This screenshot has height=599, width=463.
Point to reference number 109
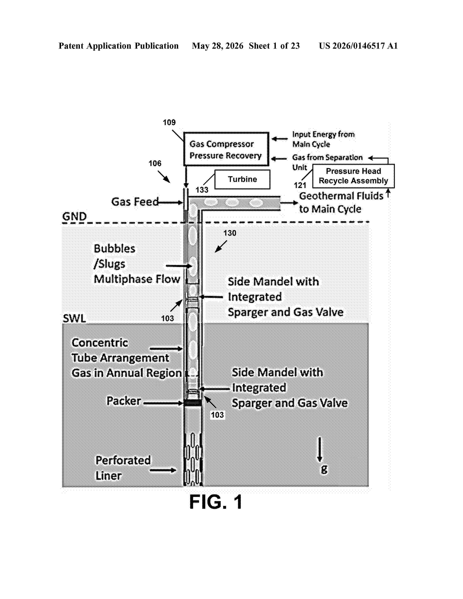tap(169, 122)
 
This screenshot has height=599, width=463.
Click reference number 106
tap(155, 164)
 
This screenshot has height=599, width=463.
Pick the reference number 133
tap(202, 190)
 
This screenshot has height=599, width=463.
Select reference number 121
tap(300, 185)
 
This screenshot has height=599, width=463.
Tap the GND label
tap(74, 216)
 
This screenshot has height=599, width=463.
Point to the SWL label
tap(74, 318)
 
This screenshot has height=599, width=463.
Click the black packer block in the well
tap(192, 403)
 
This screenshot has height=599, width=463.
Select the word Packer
tap(124, 401)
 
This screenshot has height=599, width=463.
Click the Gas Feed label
tap(135, 202)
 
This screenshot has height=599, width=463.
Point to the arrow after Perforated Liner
tap(163, 470)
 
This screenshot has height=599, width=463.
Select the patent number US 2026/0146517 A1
tap(358, 46)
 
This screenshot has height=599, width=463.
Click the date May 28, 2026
tap(218, 46)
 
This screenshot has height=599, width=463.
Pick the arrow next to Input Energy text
tap(279, 139)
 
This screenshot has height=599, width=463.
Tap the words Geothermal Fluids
tap(341, 196)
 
